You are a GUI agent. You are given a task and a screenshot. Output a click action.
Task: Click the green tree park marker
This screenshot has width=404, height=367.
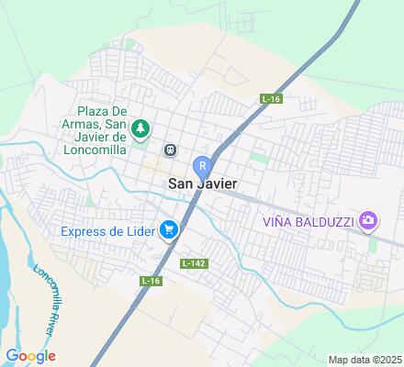coord(140,128)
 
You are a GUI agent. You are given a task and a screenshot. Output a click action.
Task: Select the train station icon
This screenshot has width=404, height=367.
coord(170,149)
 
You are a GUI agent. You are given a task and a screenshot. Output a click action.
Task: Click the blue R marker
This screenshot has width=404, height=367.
coord(202,166)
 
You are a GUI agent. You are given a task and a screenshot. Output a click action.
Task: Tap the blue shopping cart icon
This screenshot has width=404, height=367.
coord(168,230)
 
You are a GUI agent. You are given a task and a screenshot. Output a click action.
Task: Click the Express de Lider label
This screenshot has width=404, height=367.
coord(107,230)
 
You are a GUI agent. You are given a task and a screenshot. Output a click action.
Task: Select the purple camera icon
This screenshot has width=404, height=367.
coord(368,220)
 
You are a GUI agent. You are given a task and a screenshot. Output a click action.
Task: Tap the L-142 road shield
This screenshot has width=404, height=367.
coord(193,263)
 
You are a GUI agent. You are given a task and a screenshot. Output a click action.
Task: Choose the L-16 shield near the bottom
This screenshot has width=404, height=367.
coord(151,281)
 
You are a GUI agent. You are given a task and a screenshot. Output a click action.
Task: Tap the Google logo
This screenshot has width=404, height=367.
coord(30,356)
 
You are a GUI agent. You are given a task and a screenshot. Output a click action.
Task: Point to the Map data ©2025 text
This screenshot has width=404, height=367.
coord(365,360)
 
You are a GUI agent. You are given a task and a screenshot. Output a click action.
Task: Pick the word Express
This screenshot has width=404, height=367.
coord(84,230)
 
